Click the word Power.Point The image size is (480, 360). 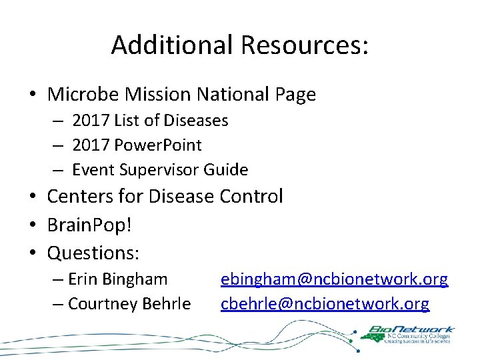click(x=158, y=145)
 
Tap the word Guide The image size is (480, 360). click(x=226, y=170)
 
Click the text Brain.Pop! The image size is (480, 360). click(x=89, y=225)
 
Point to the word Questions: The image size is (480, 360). click(x=93, y=253)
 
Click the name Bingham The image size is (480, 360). click(x=137, y=279)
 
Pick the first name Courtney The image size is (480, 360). click(x=101, y=304)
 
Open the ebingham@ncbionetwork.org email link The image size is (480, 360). click(x=334, y=279)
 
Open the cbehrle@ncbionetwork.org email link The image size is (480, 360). click(x=325, y=304)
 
